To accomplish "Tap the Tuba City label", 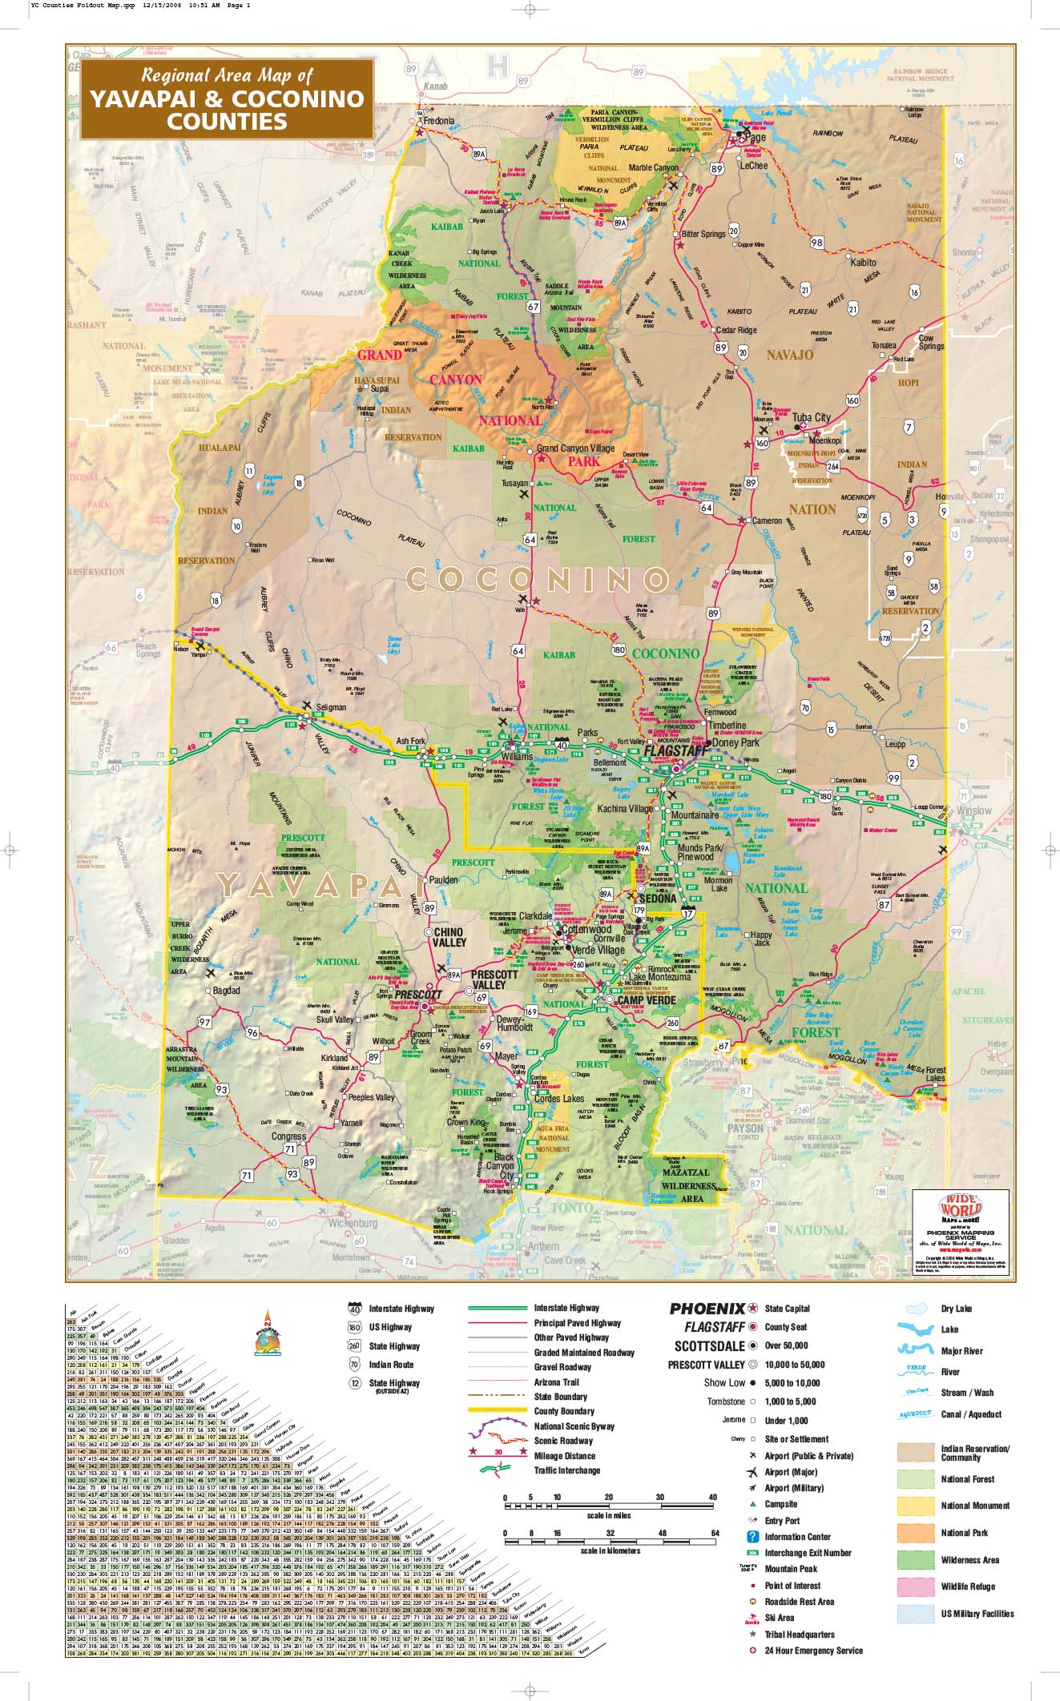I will coord(811,417).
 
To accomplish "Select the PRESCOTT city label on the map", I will coord(418,994).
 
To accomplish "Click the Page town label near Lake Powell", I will coord(755,138).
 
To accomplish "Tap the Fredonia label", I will coord(439,121).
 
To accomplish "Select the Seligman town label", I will coord(331,707).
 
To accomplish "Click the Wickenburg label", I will coord(353,1224).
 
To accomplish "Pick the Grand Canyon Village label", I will coord(575,448).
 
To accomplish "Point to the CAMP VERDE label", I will coord(647,1000).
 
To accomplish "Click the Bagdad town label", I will coord(227,991).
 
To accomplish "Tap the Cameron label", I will coord(767,521).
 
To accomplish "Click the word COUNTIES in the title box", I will coord(227,121).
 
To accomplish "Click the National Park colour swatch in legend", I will coord(916,1532).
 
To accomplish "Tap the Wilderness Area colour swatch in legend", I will coord(916,1559).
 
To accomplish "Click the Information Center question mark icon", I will coord(752,1536).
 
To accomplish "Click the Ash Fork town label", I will coord(411,742).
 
